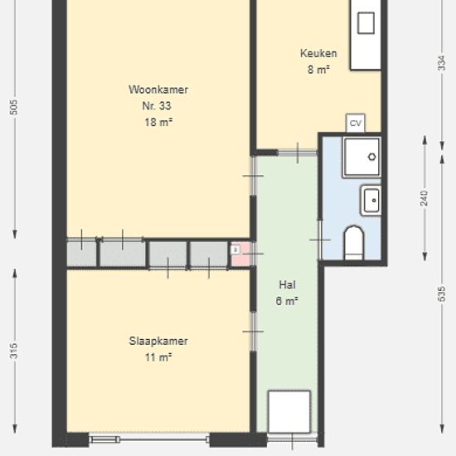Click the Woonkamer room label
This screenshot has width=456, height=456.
pyautogui.click(x=158, y=90)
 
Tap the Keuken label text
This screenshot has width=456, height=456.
pyautogui.click(x=318, y=54)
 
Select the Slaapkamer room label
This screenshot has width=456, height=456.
pyautogui.click(x=158, y=341)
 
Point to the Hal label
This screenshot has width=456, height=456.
pyautogui.click(x=288, y=284)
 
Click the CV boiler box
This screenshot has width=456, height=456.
pyautogui.click(x=356, y=123)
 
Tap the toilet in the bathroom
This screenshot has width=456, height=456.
pyautogui.click(x=354, y=243)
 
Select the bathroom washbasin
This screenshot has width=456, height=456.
pyautogui.click(x=371, y=201)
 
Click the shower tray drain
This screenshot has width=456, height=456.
pyautogui.click(x=372, y=157)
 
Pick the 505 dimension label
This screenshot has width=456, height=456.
pyautogui.click(x=13, y=107)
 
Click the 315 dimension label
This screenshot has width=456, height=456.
pyautogui.click(x=13, y=351)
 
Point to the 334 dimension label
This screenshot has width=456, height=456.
pyautogui.click(x=441, y=62)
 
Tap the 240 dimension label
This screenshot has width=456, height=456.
pyautogui.click(x=424, y=198)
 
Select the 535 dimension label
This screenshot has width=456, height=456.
pyautogui.click(x=441, y=293)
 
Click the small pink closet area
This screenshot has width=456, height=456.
pyautogui.click(x=240, y=254)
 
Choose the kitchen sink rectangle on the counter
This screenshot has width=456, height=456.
pyautogui.click(x=366, y=23)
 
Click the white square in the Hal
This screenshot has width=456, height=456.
pyautogui.click(x=289, y=412)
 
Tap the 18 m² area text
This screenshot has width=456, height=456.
pyautogui.click(x=158, y=122)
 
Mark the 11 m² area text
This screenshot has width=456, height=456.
pyautogui.click(x=158, y=357)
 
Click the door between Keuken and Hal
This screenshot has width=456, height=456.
pyautogui.click(x=297, y=153)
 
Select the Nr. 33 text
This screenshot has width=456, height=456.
pyautogui.click(x=157, y=106)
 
